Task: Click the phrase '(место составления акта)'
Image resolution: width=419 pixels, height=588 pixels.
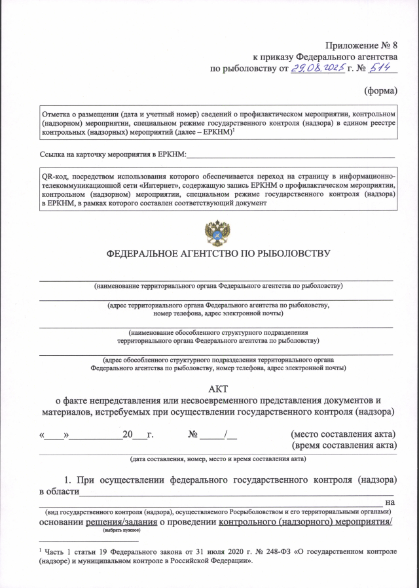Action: coord(343,434)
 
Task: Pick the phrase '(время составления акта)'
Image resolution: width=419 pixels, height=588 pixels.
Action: coord(344,445)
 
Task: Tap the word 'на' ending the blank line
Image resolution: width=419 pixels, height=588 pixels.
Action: coord(392,502)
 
